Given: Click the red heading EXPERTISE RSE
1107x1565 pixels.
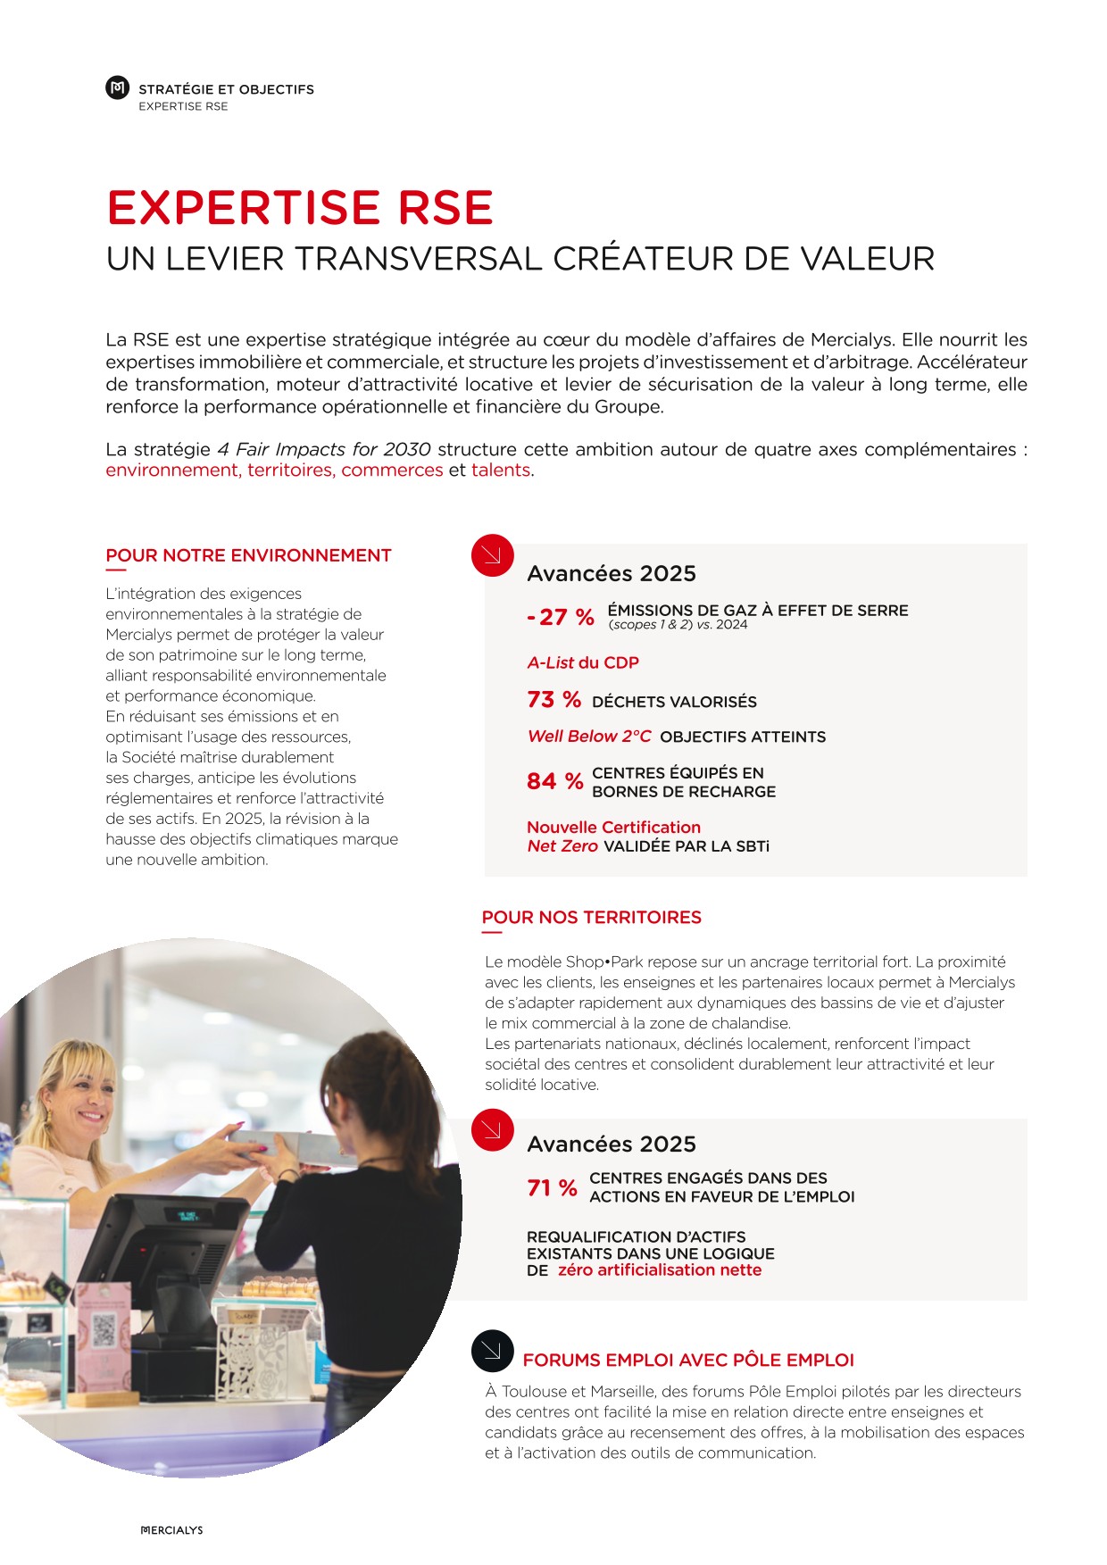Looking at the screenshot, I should pos(299,208).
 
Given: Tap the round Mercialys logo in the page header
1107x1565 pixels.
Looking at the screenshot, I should pos(117,87).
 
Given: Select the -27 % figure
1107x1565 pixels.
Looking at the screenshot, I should pos(561,617).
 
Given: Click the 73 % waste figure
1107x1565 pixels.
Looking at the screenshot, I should pos(553,700).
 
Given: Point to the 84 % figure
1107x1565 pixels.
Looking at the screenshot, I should pos(554,782).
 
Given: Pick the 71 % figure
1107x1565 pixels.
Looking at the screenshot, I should pos(552,1188).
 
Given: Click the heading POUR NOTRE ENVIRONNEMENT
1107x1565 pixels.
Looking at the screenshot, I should pos(248,555).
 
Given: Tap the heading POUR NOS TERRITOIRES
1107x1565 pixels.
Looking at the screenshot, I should pos(591,917).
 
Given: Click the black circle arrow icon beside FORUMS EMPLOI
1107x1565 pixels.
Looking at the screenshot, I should pos(492,1351).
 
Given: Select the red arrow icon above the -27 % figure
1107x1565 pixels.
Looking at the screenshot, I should pos(492,555).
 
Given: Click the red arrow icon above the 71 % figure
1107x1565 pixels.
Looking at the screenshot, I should pos(492,1129).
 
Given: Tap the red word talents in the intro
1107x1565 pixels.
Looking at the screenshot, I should pos(500,470).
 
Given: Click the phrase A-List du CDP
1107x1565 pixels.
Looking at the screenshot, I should pos(583,662).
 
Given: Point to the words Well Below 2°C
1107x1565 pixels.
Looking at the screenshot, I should pos(589,737).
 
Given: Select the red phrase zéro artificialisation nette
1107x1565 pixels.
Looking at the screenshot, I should pos(660,1270).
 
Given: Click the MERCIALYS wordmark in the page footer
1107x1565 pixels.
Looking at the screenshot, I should pos(172,1530).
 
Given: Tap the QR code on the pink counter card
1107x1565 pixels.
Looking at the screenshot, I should pos(104,1330).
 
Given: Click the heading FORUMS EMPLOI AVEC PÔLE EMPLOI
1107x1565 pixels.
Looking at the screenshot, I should pos(688,1360).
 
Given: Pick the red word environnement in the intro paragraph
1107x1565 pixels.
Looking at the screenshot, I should pos(171,470).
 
